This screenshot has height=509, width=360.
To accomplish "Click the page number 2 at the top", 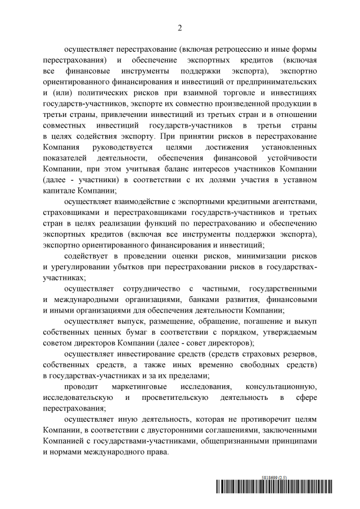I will pyautogui.click(x=179, y=27).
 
